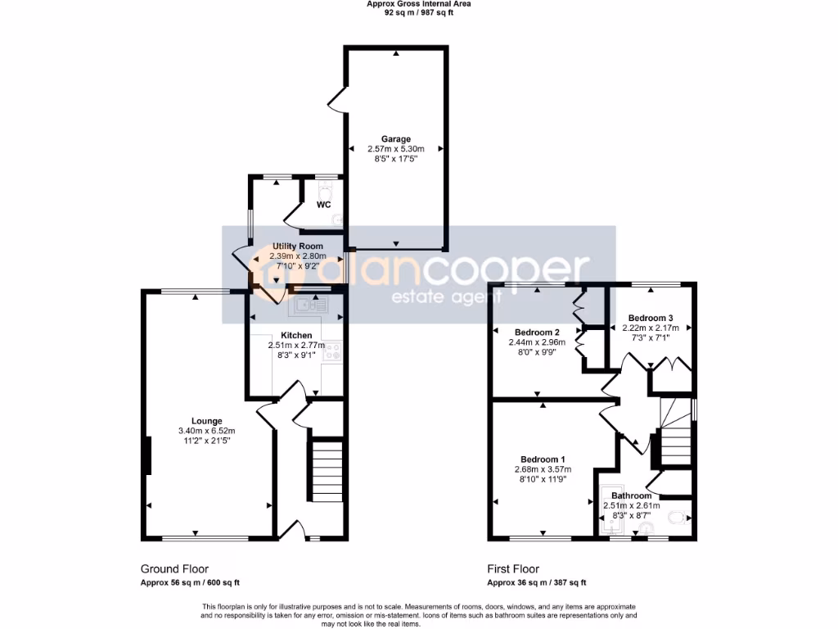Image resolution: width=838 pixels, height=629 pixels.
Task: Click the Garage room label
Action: coord(395,139)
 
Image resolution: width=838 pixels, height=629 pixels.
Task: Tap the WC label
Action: coord(323,205)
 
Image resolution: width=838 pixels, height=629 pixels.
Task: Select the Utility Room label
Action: coord(297,246)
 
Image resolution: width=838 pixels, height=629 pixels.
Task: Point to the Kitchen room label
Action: coord(296,336)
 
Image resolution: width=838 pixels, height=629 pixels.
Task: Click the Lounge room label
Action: coord(207,421)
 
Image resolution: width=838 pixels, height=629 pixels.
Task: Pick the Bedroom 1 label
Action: coord(543,459)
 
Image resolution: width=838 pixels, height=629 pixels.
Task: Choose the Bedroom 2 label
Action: coord(536,332)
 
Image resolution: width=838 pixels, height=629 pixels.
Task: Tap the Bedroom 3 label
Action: coord(651,318)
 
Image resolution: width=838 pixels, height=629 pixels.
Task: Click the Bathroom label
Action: coord(631,496)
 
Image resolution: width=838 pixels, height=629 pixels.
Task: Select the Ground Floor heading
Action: coord(174,569)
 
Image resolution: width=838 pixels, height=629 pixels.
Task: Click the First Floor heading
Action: coord(513,569)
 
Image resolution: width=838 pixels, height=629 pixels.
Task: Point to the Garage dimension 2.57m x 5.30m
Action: coord(395,149)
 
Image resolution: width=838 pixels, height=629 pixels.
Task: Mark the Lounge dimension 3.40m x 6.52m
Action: coord(207,431)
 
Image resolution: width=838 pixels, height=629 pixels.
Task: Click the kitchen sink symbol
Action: coord(308,305)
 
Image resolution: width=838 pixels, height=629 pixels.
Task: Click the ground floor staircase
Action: coord(325,470)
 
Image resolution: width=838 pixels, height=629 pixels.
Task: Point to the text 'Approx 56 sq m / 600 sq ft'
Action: coord(190,583)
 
